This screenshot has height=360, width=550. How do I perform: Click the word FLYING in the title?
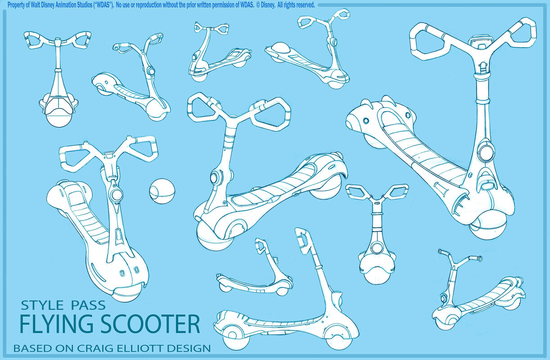[57, 324]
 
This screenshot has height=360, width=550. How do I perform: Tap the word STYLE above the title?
[42, 305]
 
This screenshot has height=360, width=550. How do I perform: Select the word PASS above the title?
[88, 305]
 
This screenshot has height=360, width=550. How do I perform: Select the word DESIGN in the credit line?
[189, 348]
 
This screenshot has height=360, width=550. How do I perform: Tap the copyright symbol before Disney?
[258, 5]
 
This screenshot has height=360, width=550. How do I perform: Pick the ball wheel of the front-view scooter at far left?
[59, 118]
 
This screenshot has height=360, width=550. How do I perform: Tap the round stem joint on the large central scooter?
[215, 177]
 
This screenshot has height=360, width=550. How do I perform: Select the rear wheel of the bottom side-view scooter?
[233, 340]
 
